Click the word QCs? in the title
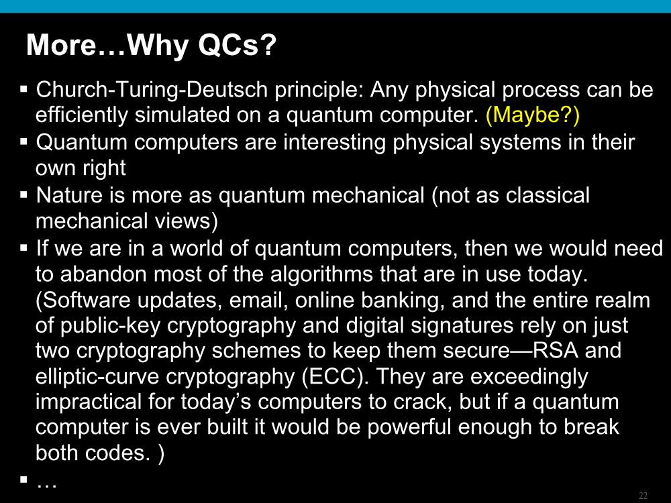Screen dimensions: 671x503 (237, 44)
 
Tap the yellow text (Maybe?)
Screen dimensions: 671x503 (533, 115)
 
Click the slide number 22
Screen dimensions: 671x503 (643, 496)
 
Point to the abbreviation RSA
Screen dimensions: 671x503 (556, 350)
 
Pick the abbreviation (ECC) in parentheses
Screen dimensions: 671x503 (335, 376)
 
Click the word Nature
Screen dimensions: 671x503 (69, 195)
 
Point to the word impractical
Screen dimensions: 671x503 (89, 402)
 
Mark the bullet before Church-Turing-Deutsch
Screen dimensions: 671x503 (23, 89)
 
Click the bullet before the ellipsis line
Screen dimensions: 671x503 (23, 479)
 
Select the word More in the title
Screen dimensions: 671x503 (62, 44)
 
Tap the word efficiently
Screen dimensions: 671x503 (82, 115)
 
